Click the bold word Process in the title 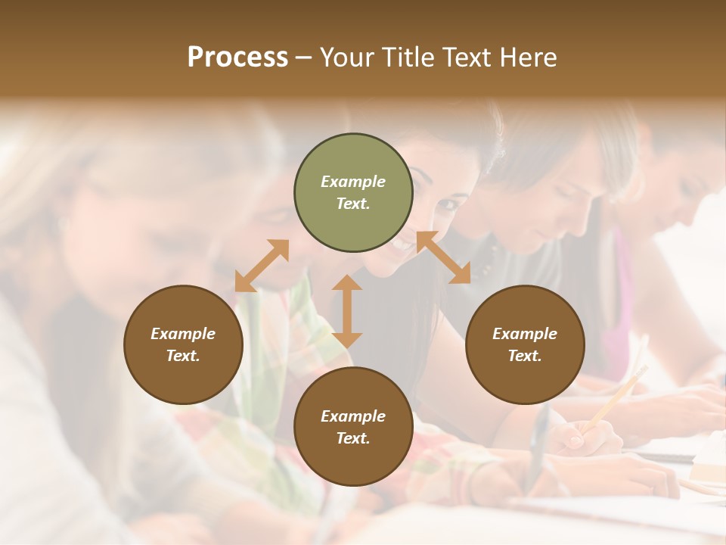click(237, 58)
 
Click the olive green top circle click(353, 193)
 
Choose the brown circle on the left click(183, 344)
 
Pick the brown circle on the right click(525, 344)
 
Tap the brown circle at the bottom click(353, 427)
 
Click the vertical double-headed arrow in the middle click(347, 311)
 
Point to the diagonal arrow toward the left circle click(262, 266)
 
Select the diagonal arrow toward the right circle click(444, 258)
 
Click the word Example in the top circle click(353, 182)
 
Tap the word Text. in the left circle click(183, 356)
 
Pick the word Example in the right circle click(525, 334)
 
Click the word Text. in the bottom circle click(353, 438)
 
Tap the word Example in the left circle click(183, 334)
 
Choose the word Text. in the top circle click(353, 204)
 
